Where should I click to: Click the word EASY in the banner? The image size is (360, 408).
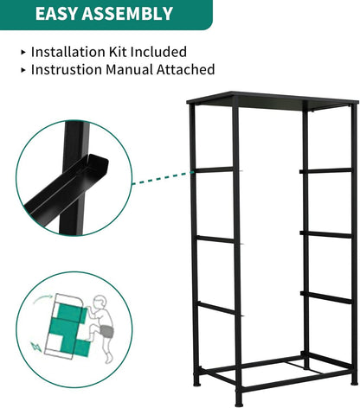pyautogui.click(x=56, y=14)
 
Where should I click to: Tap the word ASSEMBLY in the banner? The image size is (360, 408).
pyautogui.click(x=127, y=14)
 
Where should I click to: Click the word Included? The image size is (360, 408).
pyautogui.click(x=158, y=52)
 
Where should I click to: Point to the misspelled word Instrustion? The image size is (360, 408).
pyautogui.click(x=67, y=69)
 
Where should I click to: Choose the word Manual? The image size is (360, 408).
pyautogui.click(x=129, y=69)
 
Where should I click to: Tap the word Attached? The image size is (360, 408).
pyautogui.click(x=186, y=69)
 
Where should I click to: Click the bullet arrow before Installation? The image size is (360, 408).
pyautogui.click(x=23, y=52)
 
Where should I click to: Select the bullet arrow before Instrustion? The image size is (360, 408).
pyautogui.click(x=23, y=70)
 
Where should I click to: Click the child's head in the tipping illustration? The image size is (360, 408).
pyautogui.click(x=100, y=302)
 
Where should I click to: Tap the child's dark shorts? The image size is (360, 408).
pyautogui.click(x=106, y=331)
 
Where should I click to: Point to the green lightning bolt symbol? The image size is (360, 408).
pyautogui.click(x=36, y=347)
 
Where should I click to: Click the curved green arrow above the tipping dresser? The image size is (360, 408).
pyautogui.click(x=42, y=298)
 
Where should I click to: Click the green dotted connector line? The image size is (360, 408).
pyautogui.click(x=163, y=178)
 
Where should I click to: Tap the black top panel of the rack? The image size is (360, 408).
pyautogui.click(x=273, y=100)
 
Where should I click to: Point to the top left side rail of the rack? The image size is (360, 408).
pyautogui.click(x=215, y=169)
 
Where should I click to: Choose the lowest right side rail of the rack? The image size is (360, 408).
pyautogui.click(x=325, y=297)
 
